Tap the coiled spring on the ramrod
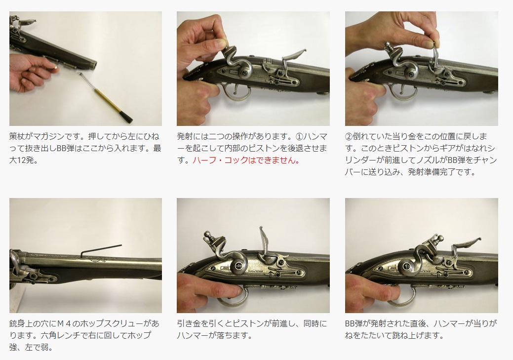coord(86,82)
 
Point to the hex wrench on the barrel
coord(101,250)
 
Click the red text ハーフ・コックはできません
coord(246,160)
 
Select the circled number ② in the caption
coord(349,136)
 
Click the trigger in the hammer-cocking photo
coord(236,89)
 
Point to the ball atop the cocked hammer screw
coord(207,235)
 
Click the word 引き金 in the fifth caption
coord(189,323)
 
